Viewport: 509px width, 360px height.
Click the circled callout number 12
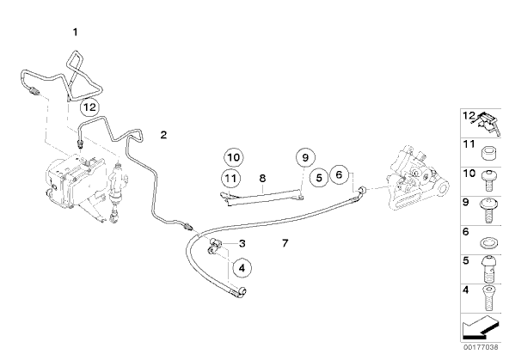point(89,107)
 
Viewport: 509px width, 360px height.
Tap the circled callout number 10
point(234,157)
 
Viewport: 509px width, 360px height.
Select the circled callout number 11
point(230,178)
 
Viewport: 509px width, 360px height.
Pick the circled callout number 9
point(305,157)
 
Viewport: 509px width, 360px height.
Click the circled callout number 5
point(319,178)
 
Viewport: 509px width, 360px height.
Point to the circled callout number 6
point(339,174)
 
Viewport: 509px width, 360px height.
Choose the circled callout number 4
point(242,268)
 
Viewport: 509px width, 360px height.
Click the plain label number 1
point(76,32)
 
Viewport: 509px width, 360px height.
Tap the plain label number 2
point(163,135)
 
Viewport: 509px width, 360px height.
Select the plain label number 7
point(285,243)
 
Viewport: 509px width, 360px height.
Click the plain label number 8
point(262,178)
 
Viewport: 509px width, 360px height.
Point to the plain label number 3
point(242,243)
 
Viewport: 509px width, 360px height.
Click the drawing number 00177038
point(481,347)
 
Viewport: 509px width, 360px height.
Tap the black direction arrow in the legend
point(481,327)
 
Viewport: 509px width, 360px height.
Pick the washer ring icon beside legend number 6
point(488,242)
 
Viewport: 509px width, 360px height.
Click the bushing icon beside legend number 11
point(489,154)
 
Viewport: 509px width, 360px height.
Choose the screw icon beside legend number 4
point(488,298)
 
